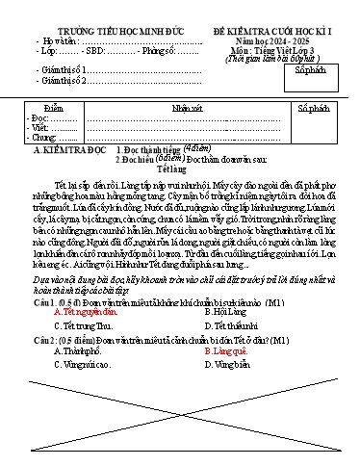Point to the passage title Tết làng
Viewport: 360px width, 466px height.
click(x=180, y=173)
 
